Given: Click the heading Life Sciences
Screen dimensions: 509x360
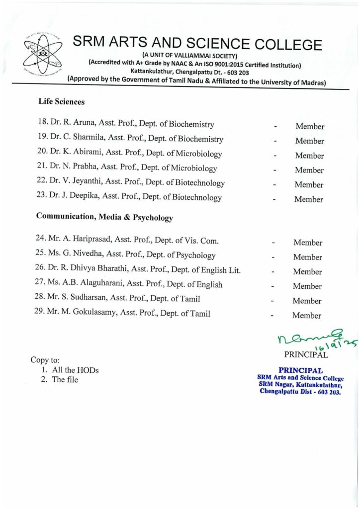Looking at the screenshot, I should (x=61, y=102).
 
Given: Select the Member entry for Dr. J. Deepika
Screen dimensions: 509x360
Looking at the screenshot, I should (x=309, y=199).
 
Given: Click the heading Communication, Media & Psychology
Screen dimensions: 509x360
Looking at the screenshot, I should (x=104, y=218).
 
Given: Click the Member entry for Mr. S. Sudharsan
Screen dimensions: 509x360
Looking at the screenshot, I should (x=307, y=301).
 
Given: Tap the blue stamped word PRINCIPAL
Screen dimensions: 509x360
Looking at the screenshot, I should (x=301, y=370).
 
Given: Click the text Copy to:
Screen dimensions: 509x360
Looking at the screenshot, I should (x=45, y=359).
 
